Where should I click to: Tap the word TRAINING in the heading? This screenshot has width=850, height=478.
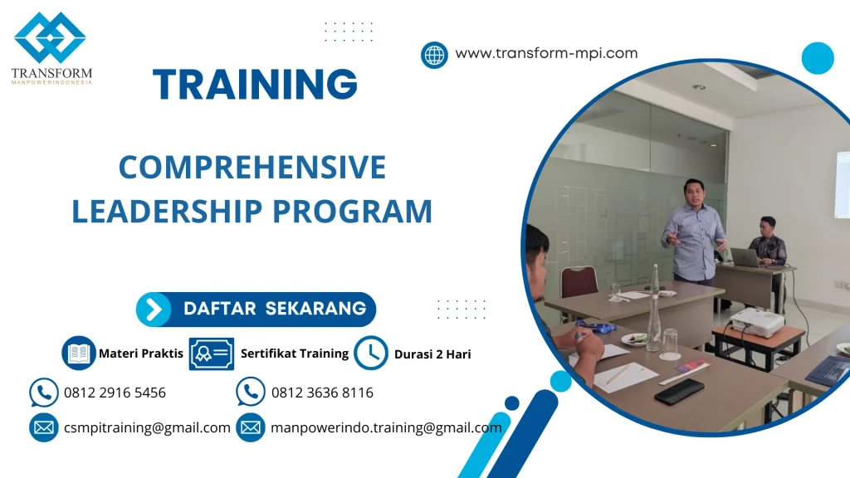point(256,85)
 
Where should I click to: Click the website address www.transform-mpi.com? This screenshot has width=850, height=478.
point(546,54)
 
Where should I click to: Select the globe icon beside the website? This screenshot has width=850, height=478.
point(434,55)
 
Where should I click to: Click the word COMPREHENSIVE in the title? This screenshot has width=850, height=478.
point(252,168)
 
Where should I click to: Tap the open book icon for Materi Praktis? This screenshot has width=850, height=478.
point(79,354)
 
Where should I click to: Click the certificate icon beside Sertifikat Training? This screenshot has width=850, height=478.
point(211,354)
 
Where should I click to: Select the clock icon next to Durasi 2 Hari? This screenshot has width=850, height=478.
point(370,354)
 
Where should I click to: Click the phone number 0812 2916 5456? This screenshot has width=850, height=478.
point(115,393)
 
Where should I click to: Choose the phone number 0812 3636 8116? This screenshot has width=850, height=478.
point(322,393)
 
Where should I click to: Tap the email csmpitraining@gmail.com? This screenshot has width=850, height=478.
point(147,428)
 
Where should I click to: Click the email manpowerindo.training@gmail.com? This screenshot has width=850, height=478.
point(386,428)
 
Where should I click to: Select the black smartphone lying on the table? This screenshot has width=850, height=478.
point(678,391)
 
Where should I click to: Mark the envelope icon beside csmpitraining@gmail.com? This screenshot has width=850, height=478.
point(43,428)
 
